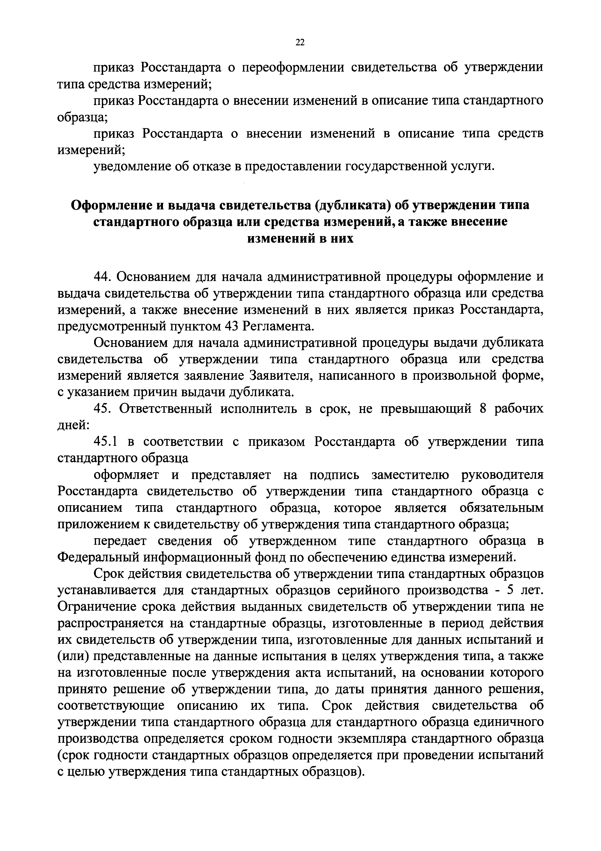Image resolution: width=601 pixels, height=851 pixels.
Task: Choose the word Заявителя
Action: click(281, 376)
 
